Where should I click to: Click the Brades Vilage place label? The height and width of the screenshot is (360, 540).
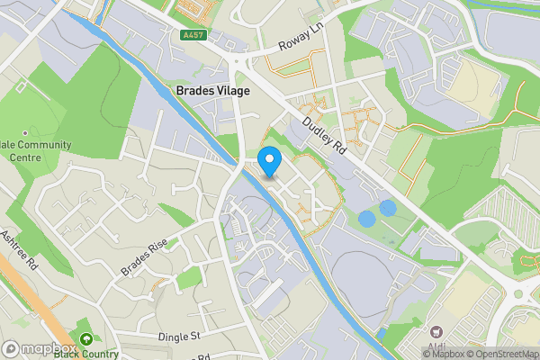click(x=213, y=91)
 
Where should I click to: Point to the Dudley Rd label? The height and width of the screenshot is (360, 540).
click(x=323, y=136)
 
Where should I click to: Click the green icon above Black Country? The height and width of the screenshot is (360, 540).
click(x=85, y=339)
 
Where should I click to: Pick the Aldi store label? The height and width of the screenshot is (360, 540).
click(x=439, y=347)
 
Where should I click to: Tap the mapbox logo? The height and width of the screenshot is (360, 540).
click(x=40, y=348)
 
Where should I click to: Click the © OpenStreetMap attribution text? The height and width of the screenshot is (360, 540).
click(x=502, y=354)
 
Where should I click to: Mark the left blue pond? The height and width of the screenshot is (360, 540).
click(x=366, y=218)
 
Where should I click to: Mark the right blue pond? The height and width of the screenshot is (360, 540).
click(x=388, y=208)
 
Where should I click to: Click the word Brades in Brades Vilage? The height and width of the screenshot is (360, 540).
click(x=194, y=91)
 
